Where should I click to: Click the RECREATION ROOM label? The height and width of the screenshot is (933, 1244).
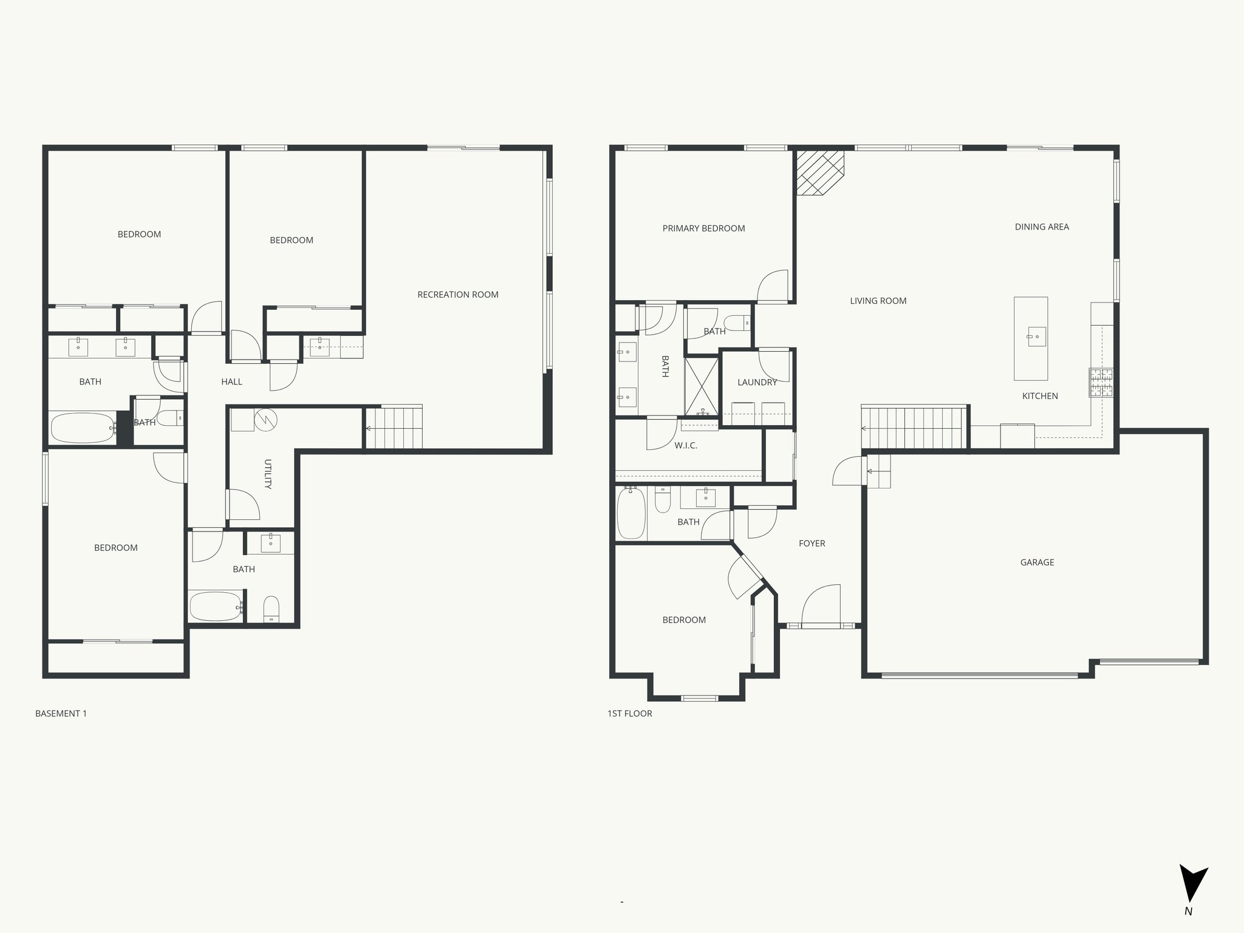tap(457, 295)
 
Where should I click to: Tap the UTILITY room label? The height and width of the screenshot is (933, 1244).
tap(267, 474)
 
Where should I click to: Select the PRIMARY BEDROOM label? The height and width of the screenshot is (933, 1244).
tap(703, 228)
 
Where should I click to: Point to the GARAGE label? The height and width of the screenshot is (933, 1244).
tap(1037, 562)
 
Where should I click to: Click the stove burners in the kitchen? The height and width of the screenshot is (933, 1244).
tap(1101, 383)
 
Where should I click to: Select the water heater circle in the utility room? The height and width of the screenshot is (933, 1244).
tap(265, 419)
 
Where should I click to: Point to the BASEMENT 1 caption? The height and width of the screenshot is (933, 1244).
tap(61, 714)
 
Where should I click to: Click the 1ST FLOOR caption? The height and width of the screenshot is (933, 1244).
tap(629, 714)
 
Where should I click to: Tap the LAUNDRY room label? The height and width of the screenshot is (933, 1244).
tap(757, 382)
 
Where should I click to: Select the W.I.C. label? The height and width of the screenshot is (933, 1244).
tap(685, 445)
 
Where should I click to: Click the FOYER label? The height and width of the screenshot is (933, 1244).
tap(812, 544)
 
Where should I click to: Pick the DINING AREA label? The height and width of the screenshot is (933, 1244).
tap(1041, 227)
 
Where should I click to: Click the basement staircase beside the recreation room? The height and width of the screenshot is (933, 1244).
tap(395, 428)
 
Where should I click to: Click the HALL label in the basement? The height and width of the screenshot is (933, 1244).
tap(231, 381)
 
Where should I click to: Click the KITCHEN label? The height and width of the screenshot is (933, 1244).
tap(1039, 396)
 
